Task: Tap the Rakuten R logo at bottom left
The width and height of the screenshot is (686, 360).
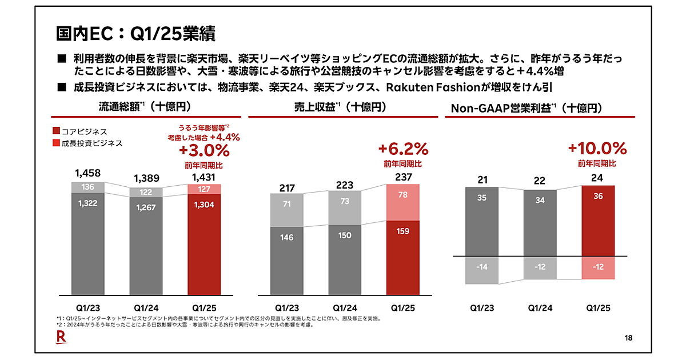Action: (61, 339)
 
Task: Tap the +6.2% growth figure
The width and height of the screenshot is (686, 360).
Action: (403, 150)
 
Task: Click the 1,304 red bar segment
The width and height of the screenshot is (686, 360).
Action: (204, 246)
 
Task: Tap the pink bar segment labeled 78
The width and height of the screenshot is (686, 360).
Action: (402, 202)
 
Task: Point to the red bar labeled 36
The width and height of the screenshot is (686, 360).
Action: (598, 220)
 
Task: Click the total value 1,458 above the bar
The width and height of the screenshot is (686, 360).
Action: (87, 173)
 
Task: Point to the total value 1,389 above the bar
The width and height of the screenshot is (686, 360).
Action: (146, 178)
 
